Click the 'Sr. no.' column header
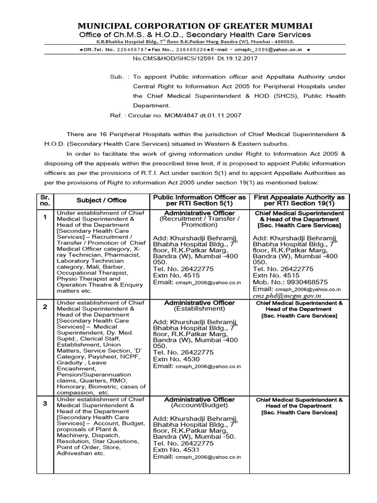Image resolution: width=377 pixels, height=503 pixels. coord(45,200)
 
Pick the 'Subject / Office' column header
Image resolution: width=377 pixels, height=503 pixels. coord(101,200)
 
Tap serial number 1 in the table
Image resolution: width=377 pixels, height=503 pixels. coord(45,217)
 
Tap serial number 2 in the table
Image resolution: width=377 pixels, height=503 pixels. coord(45,307)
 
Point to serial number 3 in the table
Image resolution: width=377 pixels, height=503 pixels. coord(45,403)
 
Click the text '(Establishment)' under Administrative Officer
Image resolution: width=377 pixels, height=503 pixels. coord(199,309)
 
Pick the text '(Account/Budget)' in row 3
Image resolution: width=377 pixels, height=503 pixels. coord(199,406)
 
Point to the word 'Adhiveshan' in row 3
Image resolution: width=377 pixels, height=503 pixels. coord(74,453)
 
